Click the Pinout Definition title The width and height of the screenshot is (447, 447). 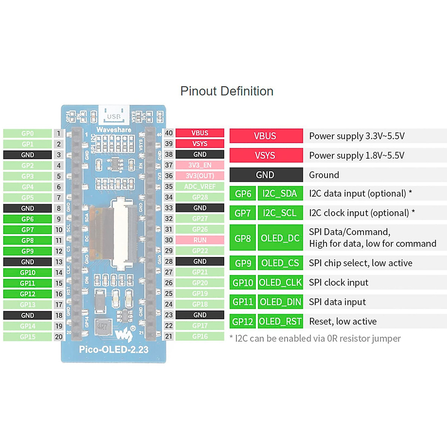[x=226, y=91]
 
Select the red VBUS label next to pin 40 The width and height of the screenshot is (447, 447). [x=200, y=133]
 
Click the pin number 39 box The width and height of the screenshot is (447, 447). [x=169, y=144]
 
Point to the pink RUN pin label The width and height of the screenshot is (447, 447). [x=200, y=240]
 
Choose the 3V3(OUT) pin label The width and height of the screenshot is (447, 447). [x=200, y=176]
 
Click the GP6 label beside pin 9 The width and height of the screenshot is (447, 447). [x=28, y=219]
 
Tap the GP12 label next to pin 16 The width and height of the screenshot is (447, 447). [x=28, y=294]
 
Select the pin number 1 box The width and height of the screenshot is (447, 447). [x=58, y=133]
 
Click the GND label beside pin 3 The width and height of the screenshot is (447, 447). [x=28, y=155]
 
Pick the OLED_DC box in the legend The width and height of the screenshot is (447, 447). [x=280, y=238]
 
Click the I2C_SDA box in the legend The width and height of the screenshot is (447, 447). [x=280, y=194]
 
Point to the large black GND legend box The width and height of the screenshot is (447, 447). [x=266, y=175]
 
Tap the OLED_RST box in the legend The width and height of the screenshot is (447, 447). [x=280, y=321]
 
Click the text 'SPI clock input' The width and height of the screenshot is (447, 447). [x=338, y=283]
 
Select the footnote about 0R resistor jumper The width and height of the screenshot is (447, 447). [x=315, y=339]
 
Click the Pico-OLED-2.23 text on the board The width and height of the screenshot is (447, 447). [x=114, y=350]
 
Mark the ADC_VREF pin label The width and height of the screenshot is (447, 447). [x=200, y=187]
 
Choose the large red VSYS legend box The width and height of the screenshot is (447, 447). [x=266, y=155]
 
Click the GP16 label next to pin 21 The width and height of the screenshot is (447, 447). [x=200, y=336]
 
